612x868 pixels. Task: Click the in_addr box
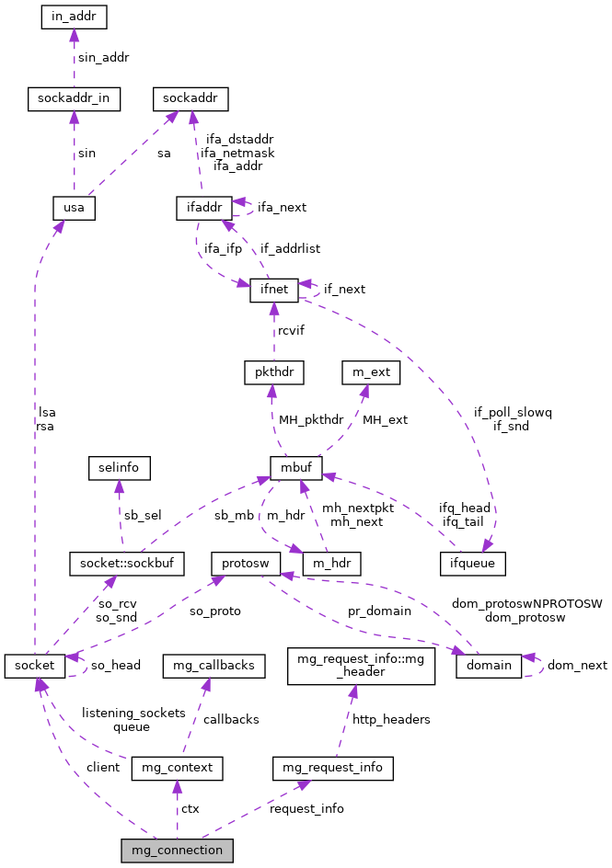pyautogui.click(x=75, y=17)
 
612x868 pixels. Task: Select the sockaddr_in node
pyautogui.click(x=74, y=99)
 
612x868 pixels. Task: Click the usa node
pyautogui.click(x=74, y=208)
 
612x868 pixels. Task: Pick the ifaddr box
pyautogui.click(x=202, y=208)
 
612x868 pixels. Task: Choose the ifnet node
pyautogui.click(x=274, y=290)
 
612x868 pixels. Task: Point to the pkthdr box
pyautogui.click(x=273, y=372)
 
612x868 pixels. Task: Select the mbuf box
pyautogui.click(x=295, y=468)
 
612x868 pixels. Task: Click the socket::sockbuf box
pyautogui.click(x=127, y=563)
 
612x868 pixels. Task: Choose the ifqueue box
pyautogui.click(x=473, y=563)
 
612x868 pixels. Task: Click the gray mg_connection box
pyautogui.click(x=176, y=851)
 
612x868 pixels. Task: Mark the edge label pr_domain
pyautogui.click(x=379, y=611)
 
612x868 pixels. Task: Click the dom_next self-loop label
pyautogui.click(x=577, y=665)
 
